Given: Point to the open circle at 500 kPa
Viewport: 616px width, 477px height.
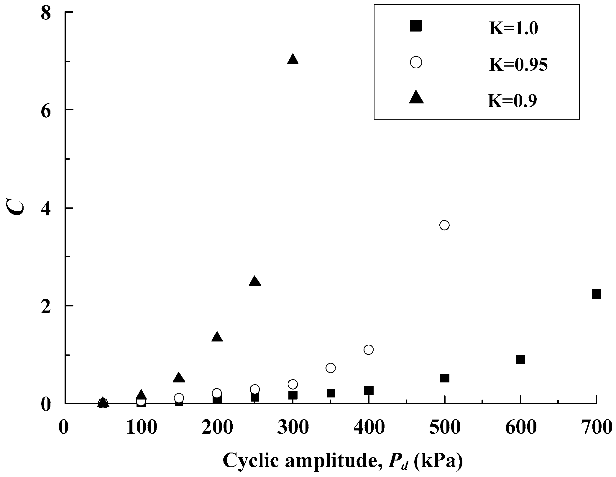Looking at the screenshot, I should click(444, 225).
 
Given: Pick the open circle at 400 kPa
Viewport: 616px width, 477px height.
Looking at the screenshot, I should click(369, 350).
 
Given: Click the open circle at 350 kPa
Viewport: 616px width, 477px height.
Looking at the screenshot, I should click(331, 368).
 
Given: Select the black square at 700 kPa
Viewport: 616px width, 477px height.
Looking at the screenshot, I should click(596, 294).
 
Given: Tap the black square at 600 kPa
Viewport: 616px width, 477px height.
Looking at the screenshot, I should click(520, 359).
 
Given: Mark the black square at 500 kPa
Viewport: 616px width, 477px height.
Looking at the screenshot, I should click(444, 378).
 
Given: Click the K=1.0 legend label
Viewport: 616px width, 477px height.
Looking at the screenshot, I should click(514, 29).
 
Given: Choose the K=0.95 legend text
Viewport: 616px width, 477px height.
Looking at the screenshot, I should click(518, 65).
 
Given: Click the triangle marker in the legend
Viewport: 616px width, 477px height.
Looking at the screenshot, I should click(416, 98).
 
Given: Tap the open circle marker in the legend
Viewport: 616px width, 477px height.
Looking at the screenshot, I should click(416, 62).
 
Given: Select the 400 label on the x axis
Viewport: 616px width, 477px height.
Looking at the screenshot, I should click(369, 428).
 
